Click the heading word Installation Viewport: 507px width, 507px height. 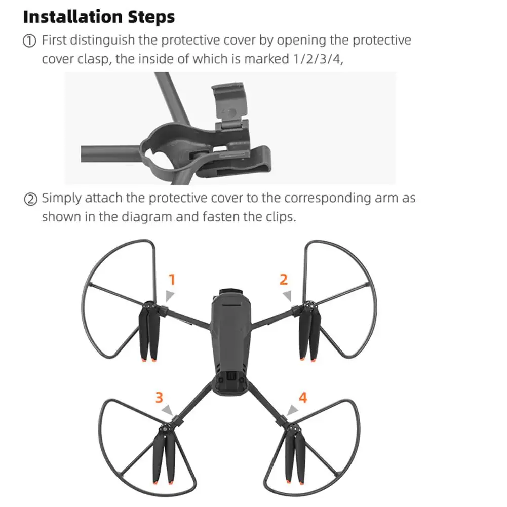pos(73,17)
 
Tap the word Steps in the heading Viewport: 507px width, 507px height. pos(151,17)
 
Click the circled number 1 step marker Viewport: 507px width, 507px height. pos(30,41)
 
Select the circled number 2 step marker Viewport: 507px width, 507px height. pos(31,199)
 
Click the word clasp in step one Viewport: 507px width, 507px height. pos(94,59)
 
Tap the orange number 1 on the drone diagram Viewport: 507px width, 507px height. pos(172,280)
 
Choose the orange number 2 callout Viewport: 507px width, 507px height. pos(284,280)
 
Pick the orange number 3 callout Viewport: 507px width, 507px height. pos(159,398)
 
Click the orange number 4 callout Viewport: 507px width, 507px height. pos(303,398)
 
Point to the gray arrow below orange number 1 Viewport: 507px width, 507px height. pos(170,295)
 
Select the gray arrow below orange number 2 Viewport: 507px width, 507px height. pos(288,295)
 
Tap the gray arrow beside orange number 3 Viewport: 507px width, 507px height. pos(168,410)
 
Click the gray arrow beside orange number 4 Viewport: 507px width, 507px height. pos(292,410)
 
